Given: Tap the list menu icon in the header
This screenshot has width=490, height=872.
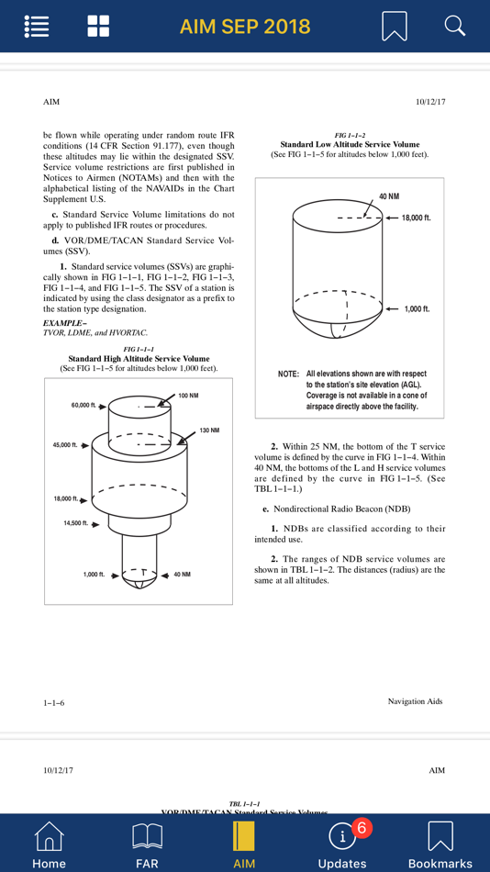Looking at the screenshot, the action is click(38, 26).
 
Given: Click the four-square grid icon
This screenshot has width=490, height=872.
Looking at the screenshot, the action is click(98, 26).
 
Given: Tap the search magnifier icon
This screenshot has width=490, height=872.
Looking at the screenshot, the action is click(454, 26).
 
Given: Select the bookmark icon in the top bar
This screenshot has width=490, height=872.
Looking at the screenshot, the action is click(395, 26).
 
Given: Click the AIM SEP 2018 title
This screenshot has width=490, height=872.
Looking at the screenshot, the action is click(245, 26).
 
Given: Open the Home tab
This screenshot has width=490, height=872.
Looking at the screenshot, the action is click(49, 844).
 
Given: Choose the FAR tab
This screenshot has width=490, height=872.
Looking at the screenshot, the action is click(147, 844).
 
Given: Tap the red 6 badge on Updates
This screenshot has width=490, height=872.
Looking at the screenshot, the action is click(361, 828).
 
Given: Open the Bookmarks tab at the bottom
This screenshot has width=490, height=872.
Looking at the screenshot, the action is click(440, 844).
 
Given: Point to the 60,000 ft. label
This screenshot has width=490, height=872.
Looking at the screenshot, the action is click(84, 406).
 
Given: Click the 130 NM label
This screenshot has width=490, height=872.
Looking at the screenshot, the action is click(210, 430).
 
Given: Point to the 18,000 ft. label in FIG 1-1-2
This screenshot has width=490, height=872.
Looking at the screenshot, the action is click(416, 218).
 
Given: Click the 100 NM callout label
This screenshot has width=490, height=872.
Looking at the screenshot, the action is click(188, 395).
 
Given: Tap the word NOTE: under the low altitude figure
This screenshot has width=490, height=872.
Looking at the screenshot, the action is click(289, 374).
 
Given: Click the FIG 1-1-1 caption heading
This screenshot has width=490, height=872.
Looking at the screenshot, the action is click(139, 349).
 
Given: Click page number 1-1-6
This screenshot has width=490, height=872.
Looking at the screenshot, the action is click(54, 703).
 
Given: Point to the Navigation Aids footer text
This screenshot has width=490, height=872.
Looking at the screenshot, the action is click(416, 701).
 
